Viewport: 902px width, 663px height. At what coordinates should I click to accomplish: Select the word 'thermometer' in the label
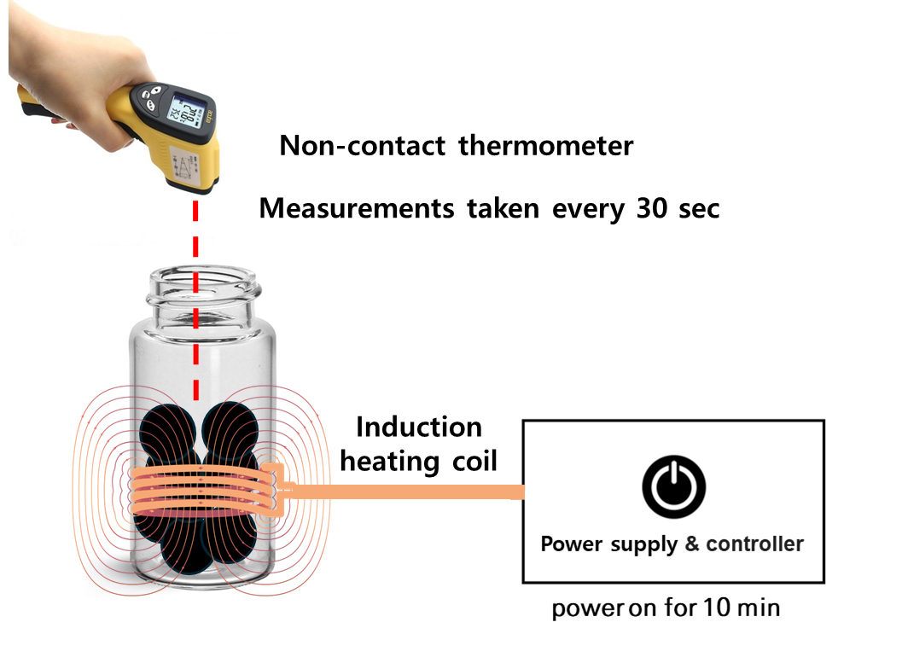[x=545, y=146]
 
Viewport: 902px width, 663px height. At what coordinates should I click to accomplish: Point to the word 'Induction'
[x=418, y=427]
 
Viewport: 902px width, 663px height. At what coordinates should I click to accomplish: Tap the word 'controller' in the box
[x=755, y=544]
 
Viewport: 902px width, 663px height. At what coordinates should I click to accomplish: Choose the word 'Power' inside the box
[x=573, y=544]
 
